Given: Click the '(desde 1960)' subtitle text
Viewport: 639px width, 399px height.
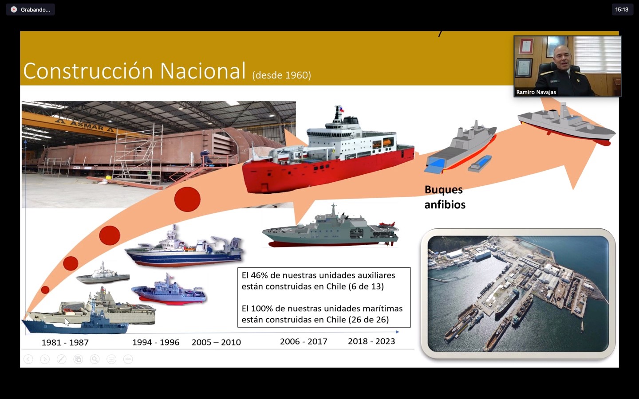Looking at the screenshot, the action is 281,75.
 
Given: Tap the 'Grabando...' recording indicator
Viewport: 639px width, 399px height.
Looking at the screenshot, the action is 31,10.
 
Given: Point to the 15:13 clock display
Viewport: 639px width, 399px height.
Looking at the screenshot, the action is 622,10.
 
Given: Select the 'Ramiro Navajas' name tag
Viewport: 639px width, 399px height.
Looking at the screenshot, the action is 536,92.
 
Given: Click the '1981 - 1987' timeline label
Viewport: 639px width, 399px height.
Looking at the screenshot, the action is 65,342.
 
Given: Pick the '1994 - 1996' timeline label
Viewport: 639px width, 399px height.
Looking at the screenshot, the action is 156,342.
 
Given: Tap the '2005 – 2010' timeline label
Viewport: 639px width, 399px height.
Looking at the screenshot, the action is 216,342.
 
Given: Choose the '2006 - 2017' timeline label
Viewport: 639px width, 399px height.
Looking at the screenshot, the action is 304,341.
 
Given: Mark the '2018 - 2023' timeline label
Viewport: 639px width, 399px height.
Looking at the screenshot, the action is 371,341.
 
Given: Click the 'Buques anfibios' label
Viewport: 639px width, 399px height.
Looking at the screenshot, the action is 445,197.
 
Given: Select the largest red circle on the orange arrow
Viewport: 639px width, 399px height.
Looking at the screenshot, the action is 187,199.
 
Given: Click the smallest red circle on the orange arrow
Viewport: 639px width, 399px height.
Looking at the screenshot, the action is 45,290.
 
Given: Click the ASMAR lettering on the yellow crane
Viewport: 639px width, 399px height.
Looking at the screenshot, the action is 87,125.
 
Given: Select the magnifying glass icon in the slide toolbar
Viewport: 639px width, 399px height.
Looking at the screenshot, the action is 95,359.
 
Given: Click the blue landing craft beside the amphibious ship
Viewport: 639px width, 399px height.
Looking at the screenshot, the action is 480,164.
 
